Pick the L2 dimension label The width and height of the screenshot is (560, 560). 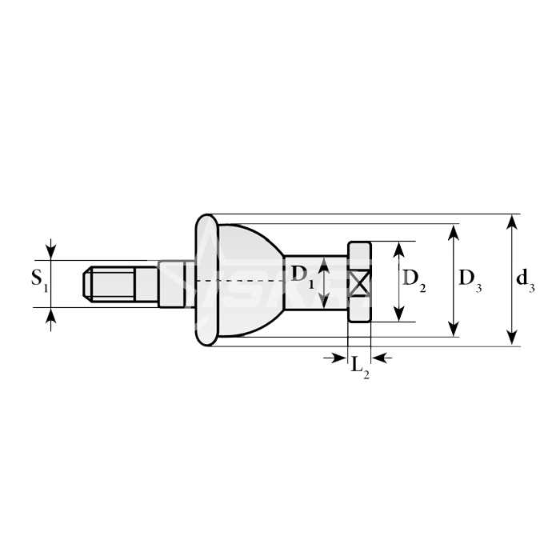pyautogui.click(x=360, y=367)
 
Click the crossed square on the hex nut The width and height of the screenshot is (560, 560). pyautogui.click(x=360, y=283)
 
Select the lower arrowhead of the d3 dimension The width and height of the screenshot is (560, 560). pyautogui.click(x=513, y=338)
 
